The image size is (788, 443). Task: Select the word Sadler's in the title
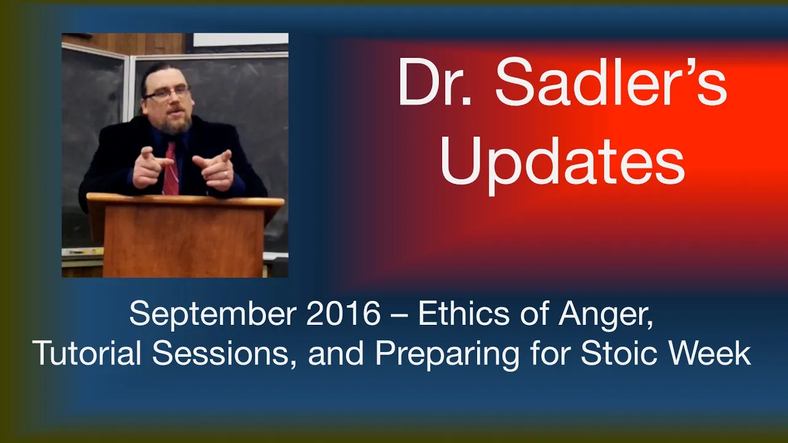click(611, 81)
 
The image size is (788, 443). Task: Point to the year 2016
click(344, 314)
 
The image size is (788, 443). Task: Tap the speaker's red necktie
click(171, 168)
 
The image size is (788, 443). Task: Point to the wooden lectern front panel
click(183, 241)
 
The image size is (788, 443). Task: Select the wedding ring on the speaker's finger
click(225, 174)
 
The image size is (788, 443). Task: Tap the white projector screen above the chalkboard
click(241, 39)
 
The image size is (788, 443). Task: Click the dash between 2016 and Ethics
click(400, 316)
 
